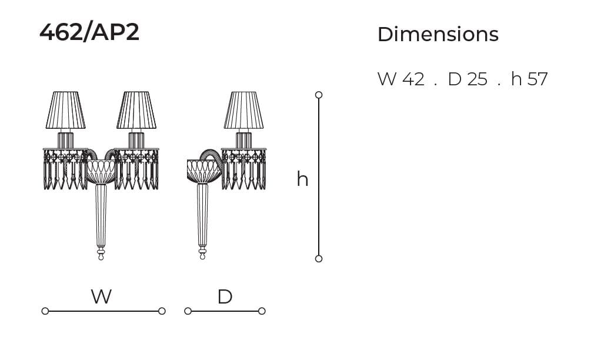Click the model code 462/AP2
click(89, 32)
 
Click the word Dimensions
click(438, 35)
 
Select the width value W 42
click(401, 79)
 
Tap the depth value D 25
click(468, 79)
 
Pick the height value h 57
click(529, 79)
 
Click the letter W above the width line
click(101, 296)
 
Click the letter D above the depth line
click(225, 296)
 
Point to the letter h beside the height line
click(302, 179)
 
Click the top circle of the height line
click(319, 95)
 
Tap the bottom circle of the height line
click(319, 259)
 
